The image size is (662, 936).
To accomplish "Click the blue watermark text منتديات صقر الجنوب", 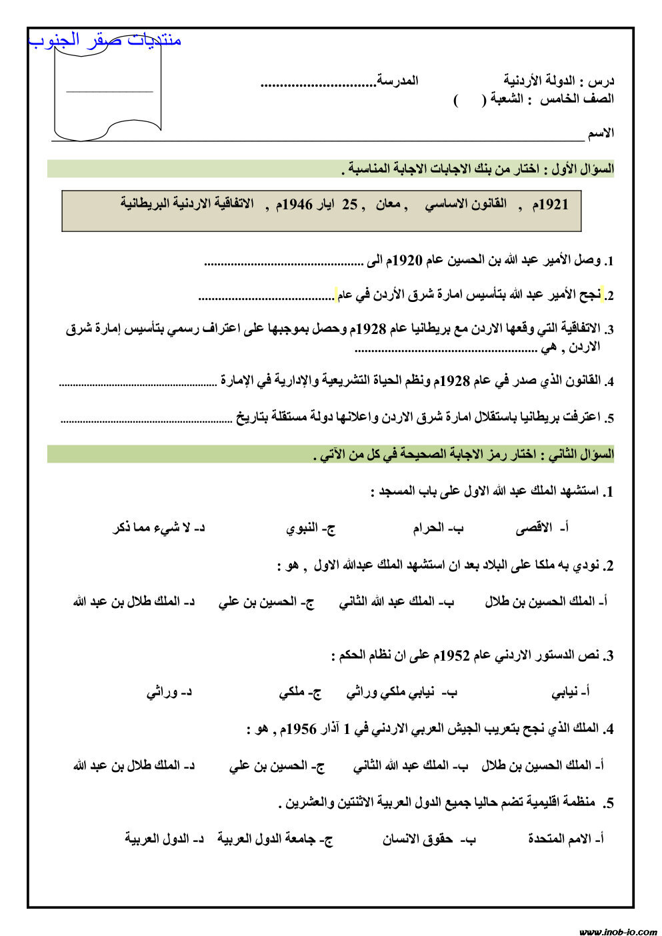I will click(x=105, y=40).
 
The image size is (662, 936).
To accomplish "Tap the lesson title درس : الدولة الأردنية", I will click(x=559, y=81).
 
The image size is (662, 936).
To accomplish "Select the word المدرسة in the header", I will click(x=398, y=81).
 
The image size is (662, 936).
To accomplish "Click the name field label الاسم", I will click(x=601, y=133).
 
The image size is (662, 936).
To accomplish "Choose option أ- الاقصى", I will click(x=542, y=529).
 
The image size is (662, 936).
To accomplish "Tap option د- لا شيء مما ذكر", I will click(x=159, y=529).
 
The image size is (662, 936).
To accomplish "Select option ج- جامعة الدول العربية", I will click(x=275, y=839).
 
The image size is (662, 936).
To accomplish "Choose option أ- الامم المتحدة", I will click(x=565, y=839).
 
